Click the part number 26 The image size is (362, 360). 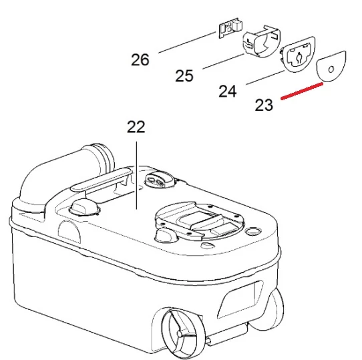click(x=140, y=60)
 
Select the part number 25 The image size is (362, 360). click(x=184, y=75)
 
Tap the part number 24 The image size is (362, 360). click(x=228, y=91)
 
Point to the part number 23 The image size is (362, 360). click(x=264, y=105)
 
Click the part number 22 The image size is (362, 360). click(x=136, y=126)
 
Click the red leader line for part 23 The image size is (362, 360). click(x=302, y=92)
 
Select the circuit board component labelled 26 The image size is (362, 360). click(x=230, y=27)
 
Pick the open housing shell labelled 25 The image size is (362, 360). click(x=261, y=41)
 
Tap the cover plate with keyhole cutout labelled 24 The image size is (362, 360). click(x=298, y=55)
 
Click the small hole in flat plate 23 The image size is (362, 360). click(x=331, y=69)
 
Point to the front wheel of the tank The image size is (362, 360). click(x=182, y=333)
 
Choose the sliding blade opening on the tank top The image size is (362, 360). click(x=200, y=220)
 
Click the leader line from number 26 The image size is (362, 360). click(x=187, y=43)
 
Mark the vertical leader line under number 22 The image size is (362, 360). click(x=136, y=175)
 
